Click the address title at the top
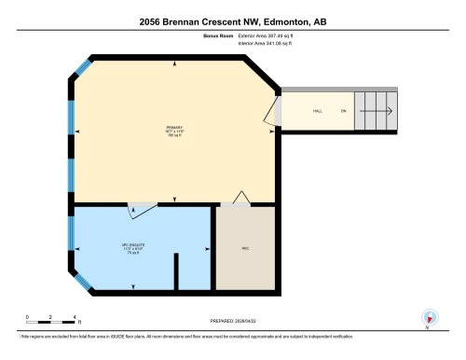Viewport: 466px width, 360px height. point(233,21)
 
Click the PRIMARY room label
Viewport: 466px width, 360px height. point(174,128)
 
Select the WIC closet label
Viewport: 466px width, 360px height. point(246,249)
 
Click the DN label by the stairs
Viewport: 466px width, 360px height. point(343,111)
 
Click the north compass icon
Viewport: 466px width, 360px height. point(430,317)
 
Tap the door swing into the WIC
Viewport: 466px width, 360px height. point(240,198)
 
